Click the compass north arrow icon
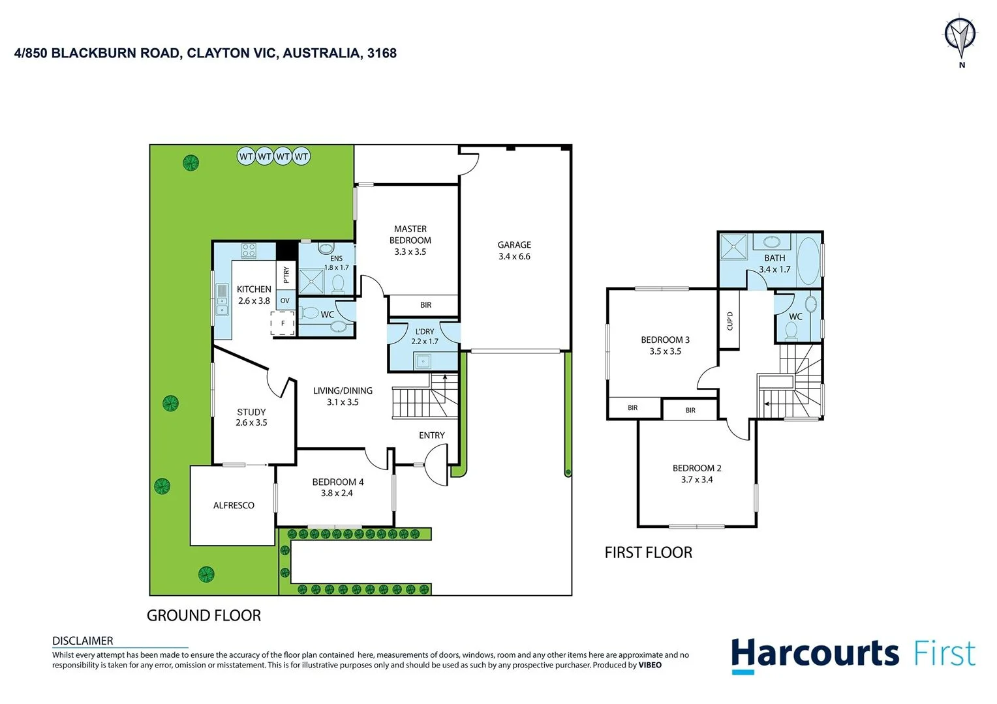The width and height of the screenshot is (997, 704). pyautogui.click(x=960, y=35)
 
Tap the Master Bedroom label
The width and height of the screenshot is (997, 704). pyautogui.click(x=410, y=235)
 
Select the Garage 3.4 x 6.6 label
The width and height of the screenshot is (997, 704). pyautogui.click(x=514, y=250)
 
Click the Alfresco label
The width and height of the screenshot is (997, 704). pyautogui.click(x=234, y=505)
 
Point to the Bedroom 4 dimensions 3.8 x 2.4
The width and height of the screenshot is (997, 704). pyautogui.click(x=337, y=493)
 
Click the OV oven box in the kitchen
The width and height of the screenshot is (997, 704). pyautogui.click(x=285, y=301)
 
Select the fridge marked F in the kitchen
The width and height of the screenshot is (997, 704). pyautogui.click(x=283, y=323)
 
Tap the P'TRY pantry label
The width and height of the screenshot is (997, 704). pyautogui.click(x=286, y=275)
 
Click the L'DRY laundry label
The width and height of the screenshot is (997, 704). pyautogui.click(x=424, y=332)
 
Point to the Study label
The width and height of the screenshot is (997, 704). pyautogui.click(x=251, y=412)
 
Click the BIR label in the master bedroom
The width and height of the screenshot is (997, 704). pyautogui.click(x=425, y=305)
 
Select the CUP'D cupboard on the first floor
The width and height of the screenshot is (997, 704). pyautogui.click(x=729, y=321)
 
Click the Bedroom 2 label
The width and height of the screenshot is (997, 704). pyautogui.click(x=697, y=468)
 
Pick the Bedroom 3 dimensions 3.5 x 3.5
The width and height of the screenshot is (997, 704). pyautogui.click(x=665, y=351)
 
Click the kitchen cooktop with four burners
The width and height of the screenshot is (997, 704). pyautogui.click(x=249, y=250)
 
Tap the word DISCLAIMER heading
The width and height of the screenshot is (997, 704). pyautogui.click(x=83, y=641)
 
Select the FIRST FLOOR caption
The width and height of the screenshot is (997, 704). pyautogui.click(x=648, y=553)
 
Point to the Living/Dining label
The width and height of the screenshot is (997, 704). pyautogui.click(x=343, y=390)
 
